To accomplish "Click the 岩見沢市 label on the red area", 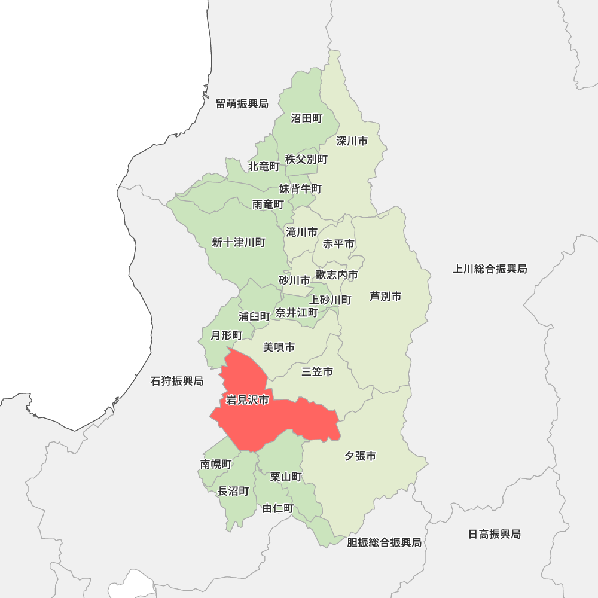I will (247, 400).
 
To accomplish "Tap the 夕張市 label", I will (360, 456).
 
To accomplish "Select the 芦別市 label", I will (385, 296).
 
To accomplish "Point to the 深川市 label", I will (352, 141).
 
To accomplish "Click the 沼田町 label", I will (306, 118).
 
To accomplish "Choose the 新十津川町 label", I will (238, 242).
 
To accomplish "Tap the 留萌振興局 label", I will (242, 104).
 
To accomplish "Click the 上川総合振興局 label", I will (490, 269).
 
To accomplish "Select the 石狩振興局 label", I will (177, 381).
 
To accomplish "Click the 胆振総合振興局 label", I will (384, 542).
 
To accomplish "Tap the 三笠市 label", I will (317, 372).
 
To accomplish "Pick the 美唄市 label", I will (279, 347).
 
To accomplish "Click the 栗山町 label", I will (286, 477).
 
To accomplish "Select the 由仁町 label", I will (278, 508).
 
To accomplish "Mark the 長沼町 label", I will (233, 491).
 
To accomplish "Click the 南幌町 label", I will (215, 463).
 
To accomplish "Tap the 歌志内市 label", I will (337, 274).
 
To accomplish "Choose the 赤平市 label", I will (338, 244).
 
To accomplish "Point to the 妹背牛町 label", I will (300, 189).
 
